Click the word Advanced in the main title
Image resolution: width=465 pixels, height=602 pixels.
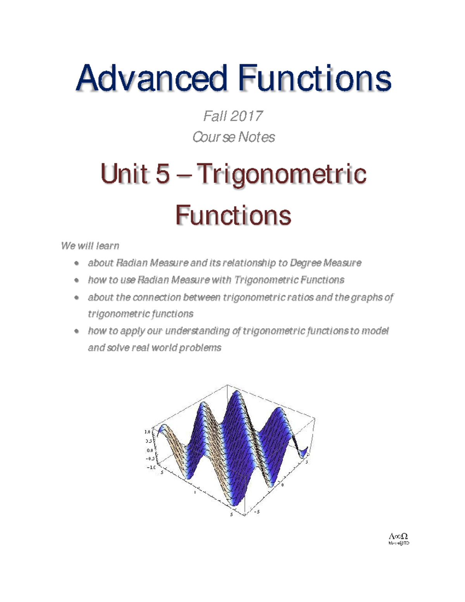click(151, 78)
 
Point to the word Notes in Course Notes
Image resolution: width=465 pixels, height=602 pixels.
click(256, 137)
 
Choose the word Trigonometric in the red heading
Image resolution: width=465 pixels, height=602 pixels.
click(281, 174)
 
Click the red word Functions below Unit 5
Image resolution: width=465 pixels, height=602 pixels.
click(233, 215)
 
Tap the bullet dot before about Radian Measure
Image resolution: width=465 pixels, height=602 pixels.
click(77, 263)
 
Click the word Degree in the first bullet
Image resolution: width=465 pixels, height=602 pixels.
click(305, 263)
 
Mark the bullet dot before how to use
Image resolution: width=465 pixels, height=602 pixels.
click(77, 280)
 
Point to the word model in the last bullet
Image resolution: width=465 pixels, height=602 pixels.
click(375, 331)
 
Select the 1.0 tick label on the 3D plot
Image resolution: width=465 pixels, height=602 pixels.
click(147, 432)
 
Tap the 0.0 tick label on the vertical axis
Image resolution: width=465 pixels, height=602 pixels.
click(150, 450)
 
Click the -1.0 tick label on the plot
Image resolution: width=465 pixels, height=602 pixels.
click(151, 467)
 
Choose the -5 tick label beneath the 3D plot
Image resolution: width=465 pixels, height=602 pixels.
click(257, 512)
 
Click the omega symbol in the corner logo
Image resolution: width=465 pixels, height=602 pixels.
click(404, 536)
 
